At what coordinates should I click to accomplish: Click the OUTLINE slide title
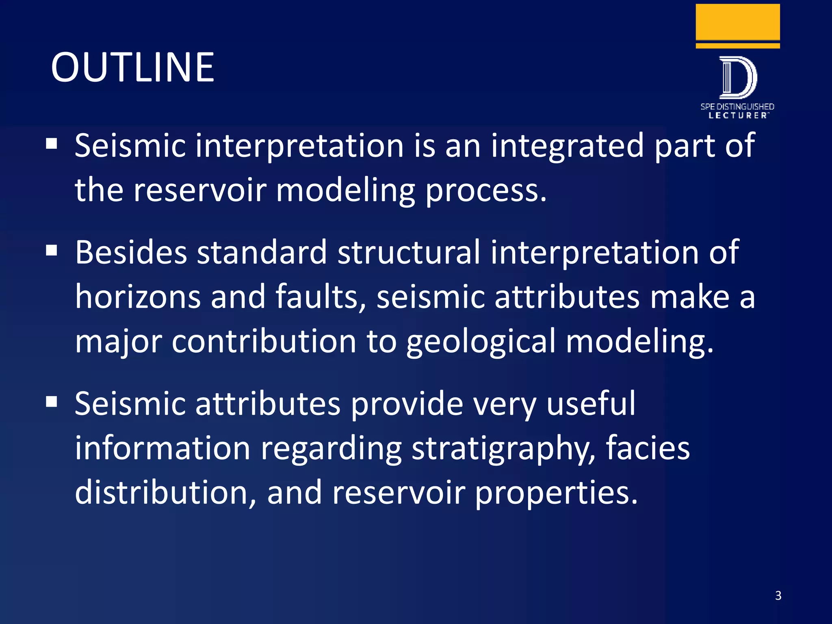[x=132, y=67]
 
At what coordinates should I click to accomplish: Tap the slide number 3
[x=778, y=596]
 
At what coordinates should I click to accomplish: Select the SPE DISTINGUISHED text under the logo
[x=737, y=107]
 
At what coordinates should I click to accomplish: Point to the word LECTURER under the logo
[x=737, y=115]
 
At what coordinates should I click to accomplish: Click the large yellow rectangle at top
[x=737, y=22]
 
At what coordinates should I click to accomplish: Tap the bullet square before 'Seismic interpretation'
[x=52, y=144]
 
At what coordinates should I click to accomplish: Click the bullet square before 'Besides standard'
[x=52, y=251]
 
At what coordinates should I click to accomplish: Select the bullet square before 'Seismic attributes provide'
[x=52, y=402]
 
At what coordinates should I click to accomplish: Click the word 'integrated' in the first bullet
[x=567, y=146]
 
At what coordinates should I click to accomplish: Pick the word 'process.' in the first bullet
[x=486, y=191]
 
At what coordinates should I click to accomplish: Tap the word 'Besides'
[x=131, y=253]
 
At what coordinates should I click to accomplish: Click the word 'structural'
[x=409, y=253]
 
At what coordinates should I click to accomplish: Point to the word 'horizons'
[x=138, y=297]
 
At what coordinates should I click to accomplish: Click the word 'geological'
[x=481, y=342]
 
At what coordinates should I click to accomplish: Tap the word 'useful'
[x=591, y=404]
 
